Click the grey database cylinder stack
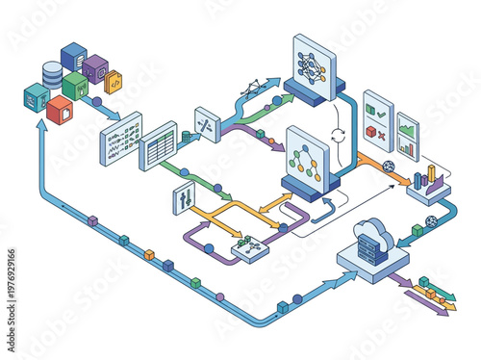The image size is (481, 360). coord(51,73)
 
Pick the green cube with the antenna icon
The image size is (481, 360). coord(76,86)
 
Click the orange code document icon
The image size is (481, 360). coord(113,84)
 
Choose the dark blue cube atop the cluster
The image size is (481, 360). coord(73,56)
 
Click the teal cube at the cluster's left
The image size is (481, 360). coord(37,96)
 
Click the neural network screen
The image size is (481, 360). coord(313,64)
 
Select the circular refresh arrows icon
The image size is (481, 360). coord(338,135)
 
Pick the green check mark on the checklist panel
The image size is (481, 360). coord(380,110)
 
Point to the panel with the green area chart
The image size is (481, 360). coord(407,141)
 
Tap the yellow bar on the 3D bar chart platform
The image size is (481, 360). coord(431,175)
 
